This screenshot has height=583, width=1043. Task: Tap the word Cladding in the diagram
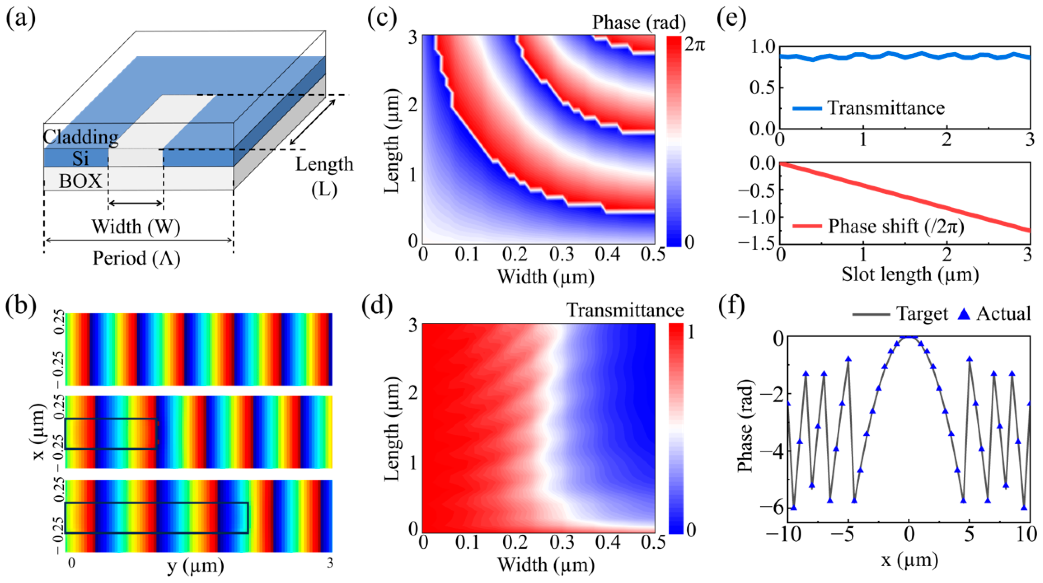81,137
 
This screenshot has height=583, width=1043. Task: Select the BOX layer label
80,181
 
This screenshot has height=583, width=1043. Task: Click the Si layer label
80,158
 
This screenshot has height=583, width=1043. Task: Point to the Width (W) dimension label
136,226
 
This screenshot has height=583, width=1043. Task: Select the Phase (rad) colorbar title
639,22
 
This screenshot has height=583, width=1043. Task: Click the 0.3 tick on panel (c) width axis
562,254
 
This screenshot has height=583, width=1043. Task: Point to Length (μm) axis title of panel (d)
391,429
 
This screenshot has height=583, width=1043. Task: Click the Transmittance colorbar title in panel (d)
625,310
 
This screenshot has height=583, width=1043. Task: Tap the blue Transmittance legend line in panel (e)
806,108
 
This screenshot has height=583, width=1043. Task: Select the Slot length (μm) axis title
910,275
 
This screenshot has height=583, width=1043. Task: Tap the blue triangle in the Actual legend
965,314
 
